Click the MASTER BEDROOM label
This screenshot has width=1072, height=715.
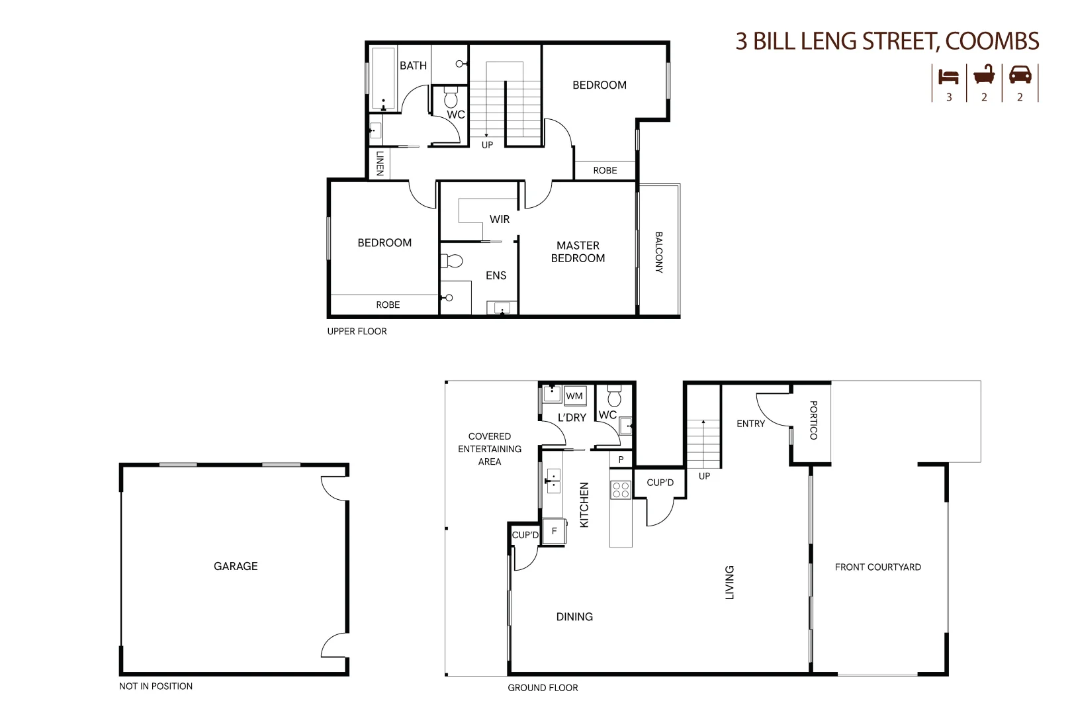tap(578, 252)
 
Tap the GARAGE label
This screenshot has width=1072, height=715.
tap(236, 566)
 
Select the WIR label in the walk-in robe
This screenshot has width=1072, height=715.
tap(500, 219)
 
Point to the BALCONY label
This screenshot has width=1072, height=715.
tap(659, 252)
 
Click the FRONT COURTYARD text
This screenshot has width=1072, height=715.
tap(877, 567)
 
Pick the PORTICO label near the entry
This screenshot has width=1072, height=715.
tap(813, 420)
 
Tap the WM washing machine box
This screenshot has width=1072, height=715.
tap(575, 396)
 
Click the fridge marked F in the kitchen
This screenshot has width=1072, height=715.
tap(554, 531)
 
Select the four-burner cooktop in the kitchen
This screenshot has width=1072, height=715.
tap(621, 490)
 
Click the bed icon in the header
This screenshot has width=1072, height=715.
tap(948, 77)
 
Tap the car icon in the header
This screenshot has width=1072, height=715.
tap(1020, 75)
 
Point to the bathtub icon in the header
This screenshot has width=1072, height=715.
tap(984, 75)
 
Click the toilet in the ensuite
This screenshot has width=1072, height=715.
tap(451, 261)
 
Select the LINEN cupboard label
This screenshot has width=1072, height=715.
tap(380, 164)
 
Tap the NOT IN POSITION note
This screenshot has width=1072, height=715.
tap(156, 687)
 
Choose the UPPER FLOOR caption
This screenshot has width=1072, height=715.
tap(357, 332)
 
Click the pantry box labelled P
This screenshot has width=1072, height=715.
tap(621, 459)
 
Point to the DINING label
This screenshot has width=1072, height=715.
tap(574, 617)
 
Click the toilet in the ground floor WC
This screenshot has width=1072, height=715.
tap(615, 396)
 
